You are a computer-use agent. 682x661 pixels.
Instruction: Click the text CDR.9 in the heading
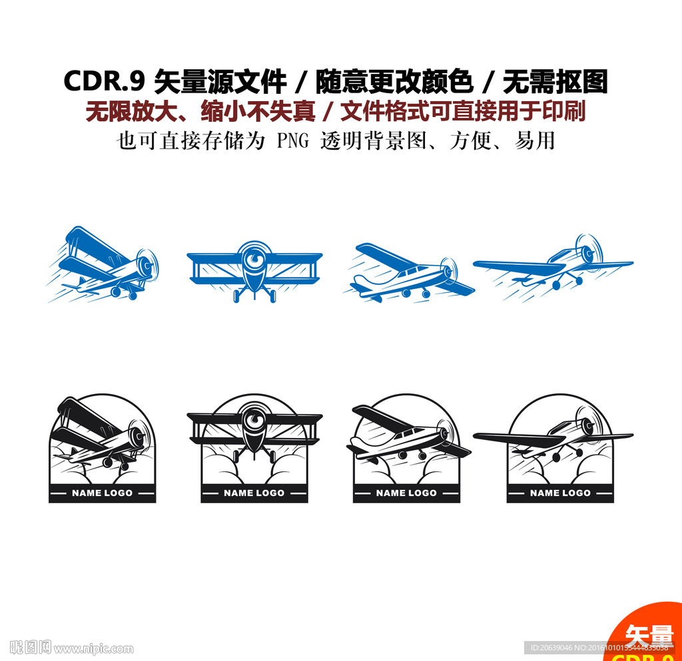[x=104, y=82]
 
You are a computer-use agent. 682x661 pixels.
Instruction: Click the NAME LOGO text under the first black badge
[x=102, y=493]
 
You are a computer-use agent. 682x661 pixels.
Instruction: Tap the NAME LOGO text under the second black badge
[x=254, y=493]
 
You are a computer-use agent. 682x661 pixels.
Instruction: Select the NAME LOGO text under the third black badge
[x=406, y=493]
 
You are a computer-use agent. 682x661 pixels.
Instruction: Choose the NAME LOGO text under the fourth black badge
[x=560, y=493]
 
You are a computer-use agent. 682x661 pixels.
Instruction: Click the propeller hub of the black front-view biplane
[x=254, y=421]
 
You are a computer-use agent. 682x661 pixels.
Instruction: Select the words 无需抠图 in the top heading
[x=555, y=82]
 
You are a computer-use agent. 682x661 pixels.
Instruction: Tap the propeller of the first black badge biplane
[x=139, y=437]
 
